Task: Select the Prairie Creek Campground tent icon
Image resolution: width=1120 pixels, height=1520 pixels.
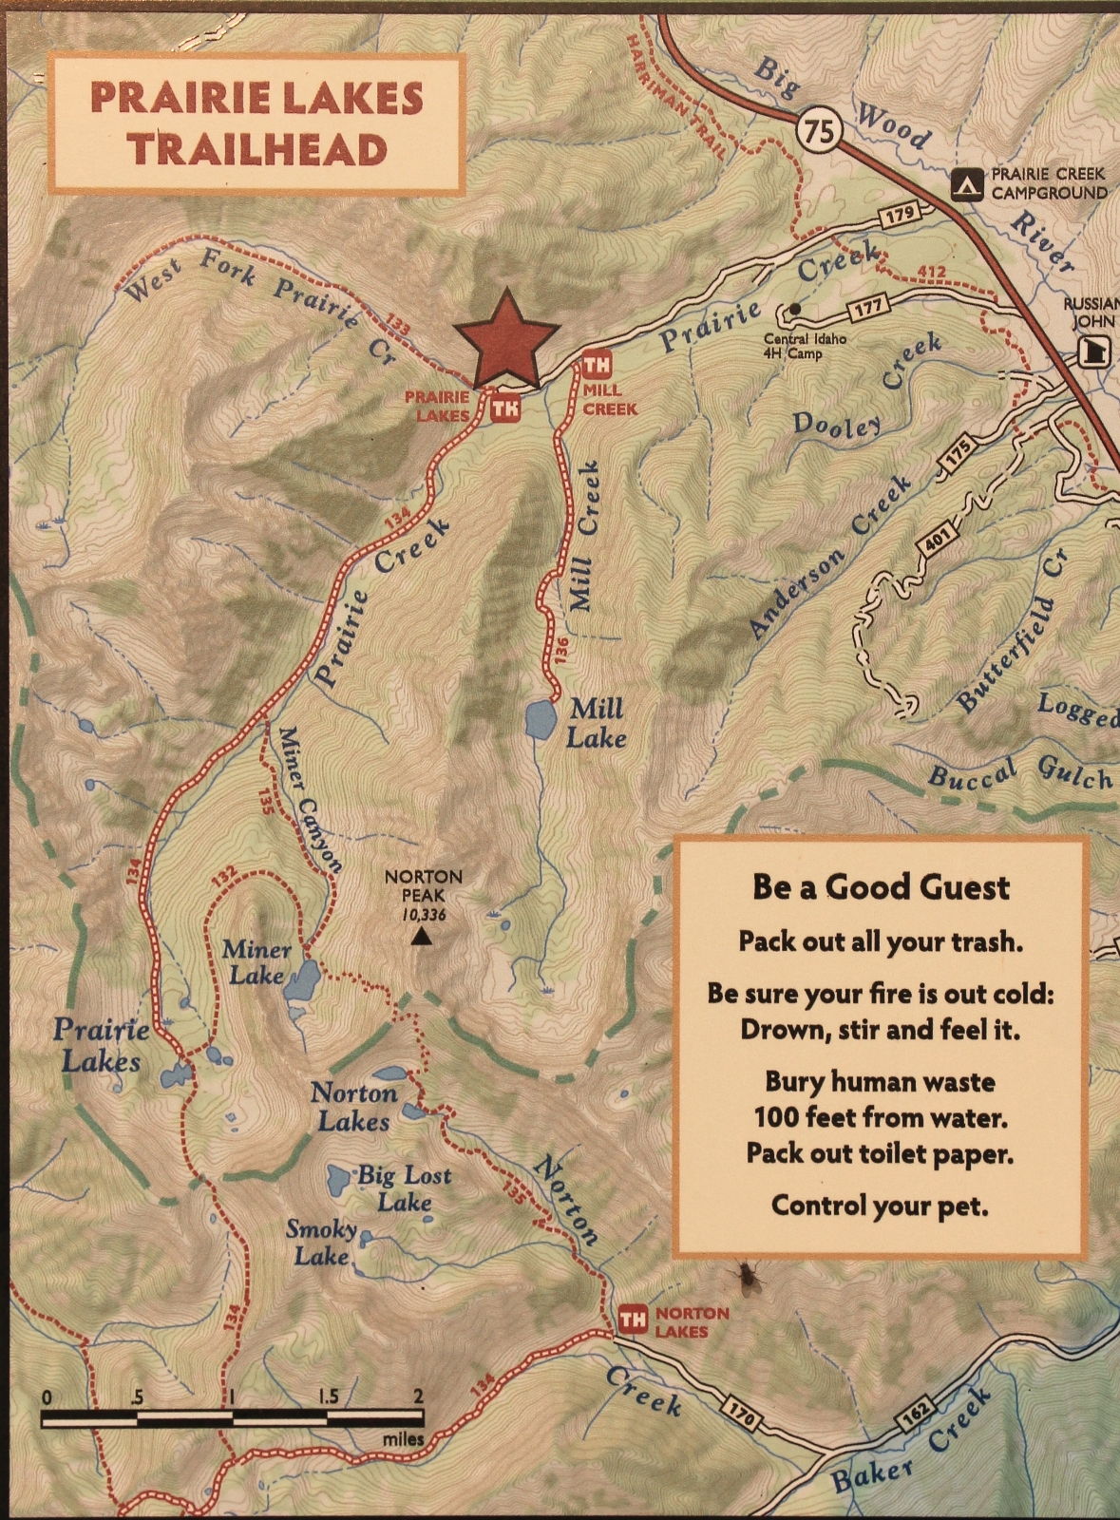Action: [x=968, y=184]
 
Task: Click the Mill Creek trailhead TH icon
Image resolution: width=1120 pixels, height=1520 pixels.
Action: [x=597, y=365]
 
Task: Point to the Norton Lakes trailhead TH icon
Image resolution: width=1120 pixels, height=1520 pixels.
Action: [x=633, y=1320]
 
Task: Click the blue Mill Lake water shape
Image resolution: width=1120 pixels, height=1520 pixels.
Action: [x=541, y=719]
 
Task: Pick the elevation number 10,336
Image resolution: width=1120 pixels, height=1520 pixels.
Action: [x=423, y=915]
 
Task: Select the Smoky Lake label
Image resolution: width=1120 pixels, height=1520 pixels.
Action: [x=322, y=1243]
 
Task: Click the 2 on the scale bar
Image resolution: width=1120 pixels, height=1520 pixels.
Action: [x=418, y=1396]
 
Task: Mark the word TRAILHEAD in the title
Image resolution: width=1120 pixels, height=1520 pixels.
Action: [x=257, y=150]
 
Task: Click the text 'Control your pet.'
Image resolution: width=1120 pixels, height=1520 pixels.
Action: [x=879, y=1206]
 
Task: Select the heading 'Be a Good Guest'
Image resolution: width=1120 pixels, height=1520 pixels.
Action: [x=881, y=886]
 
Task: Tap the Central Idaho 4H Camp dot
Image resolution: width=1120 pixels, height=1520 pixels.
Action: [x=794, y=309]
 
